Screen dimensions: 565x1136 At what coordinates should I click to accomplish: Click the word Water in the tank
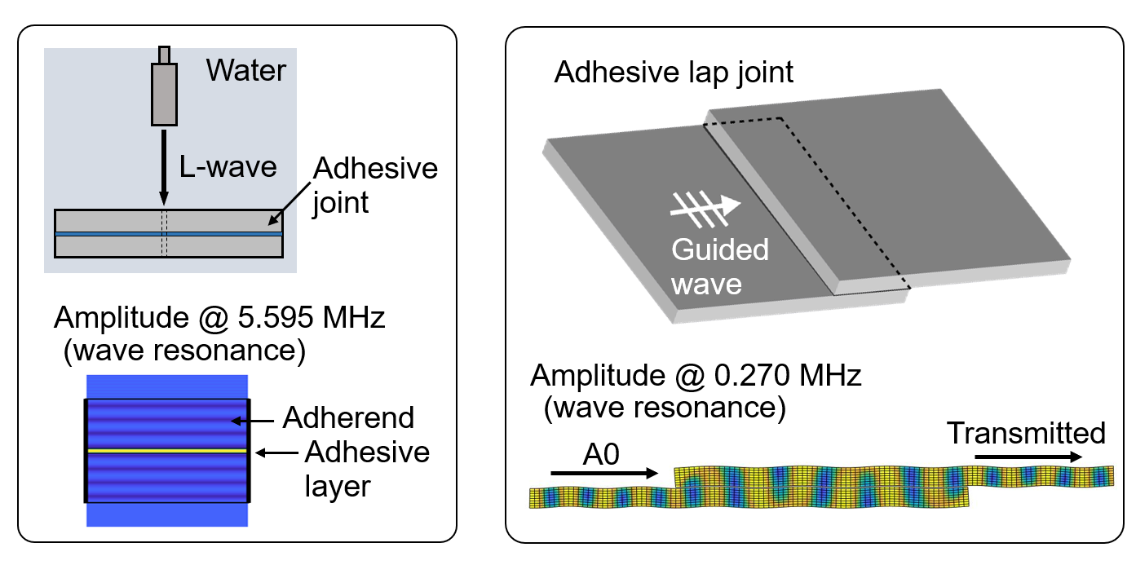[245, 70]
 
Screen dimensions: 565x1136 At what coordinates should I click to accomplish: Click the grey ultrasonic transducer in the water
[164, 95]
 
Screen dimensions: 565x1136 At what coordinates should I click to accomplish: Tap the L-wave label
[228, 167]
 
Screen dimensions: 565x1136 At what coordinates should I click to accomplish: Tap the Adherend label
[348, 418]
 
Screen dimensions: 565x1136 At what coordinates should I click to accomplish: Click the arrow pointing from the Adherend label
[253, 419]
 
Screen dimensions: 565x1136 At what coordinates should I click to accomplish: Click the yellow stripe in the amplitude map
[167, 449]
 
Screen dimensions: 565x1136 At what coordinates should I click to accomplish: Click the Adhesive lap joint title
[674, 73]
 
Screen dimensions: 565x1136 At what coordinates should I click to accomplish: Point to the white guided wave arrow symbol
[705, 207]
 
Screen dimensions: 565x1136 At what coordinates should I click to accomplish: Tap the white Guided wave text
[720, 265]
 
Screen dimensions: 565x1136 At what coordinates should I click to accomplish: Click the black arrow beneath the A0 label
[604, 472]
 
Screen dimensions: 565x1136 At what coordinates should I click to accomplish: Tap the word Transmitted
[1026, 433]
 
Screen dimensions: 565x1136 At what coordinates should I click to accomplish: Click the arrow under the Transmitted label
[1028, 457]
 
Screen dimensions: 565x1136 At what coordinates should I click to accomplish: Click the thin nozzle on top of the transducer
[164, 55]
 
